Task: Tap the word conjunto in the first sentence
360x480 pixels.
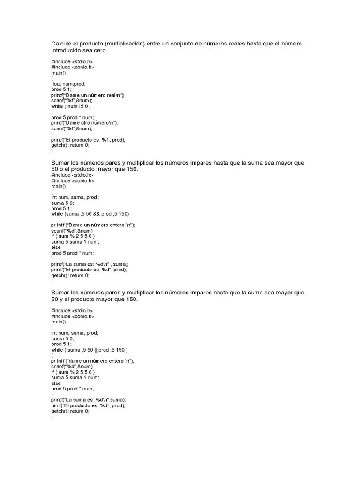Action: coord(181,44)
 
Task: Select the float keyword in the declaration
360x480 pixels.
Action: coord(57,84)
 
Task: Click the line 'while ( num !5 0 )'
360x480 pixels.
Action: coord(71,106)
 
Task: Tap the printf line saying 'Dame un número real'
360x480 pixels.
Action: coord(88,95)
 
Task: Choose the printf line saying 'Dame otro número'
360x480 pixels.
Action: coord(84,123)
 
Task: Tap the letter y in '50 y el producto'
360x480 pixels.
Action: coord(61,299)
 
